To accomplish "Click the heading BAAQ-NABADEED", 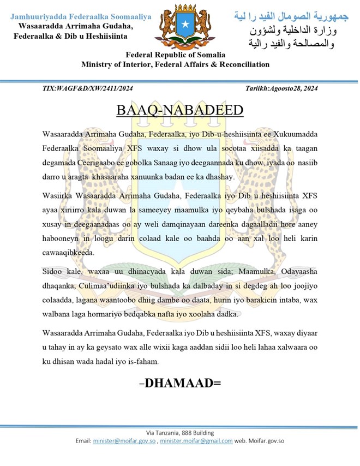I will tap(180, 110).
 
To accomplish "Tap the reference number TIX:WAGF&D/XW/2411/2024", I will tap(87, 88).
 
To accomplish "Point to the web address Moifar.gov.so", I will tap(266, 441).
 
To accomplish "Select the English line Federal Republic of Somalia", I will tap(175, 55).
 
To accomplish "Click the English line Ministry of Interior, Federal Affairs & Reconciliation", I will tap(175, 64).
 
